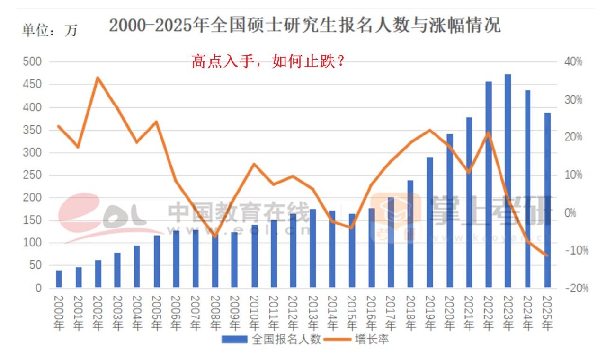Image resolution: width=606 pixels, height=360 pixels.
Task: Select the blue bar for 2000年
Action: pos(59,279)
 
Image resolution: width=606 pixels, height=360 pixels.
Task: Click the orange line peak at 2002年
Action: pos(98,78)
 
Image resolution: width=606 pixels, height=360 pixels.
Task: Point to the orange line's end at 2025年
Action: pos(547,255)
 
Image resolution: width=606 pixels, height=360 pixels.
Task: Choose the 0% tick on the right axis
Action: pos(573,213)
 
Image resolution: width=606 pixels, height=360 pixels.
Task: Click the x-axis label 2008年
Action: pos(215,312)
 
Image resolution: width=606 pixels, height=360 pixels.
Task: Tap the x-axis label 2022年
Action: pos(488,312)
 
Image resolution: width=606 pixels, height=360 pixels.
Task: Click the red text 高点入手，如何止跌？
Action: pos(267,61)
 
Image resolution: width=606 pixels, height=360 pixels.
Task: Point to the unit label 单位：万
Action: pos(49,30)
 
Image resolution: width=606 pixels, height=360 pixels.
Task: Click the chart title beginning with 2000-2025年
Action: pos(304,26)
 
